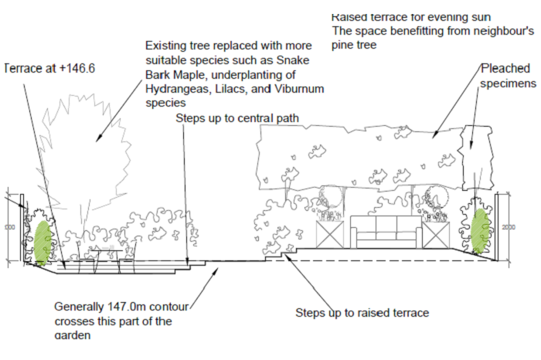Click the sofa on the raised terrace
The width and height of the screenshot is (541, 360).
pos(384,233)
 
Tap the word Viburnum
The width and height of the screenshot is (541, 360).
pos(298,90)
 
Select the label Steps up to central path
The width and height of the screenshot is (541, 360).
pos(236,118)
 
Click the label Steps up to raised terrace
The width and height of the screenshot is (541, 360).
pos(362,313)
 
